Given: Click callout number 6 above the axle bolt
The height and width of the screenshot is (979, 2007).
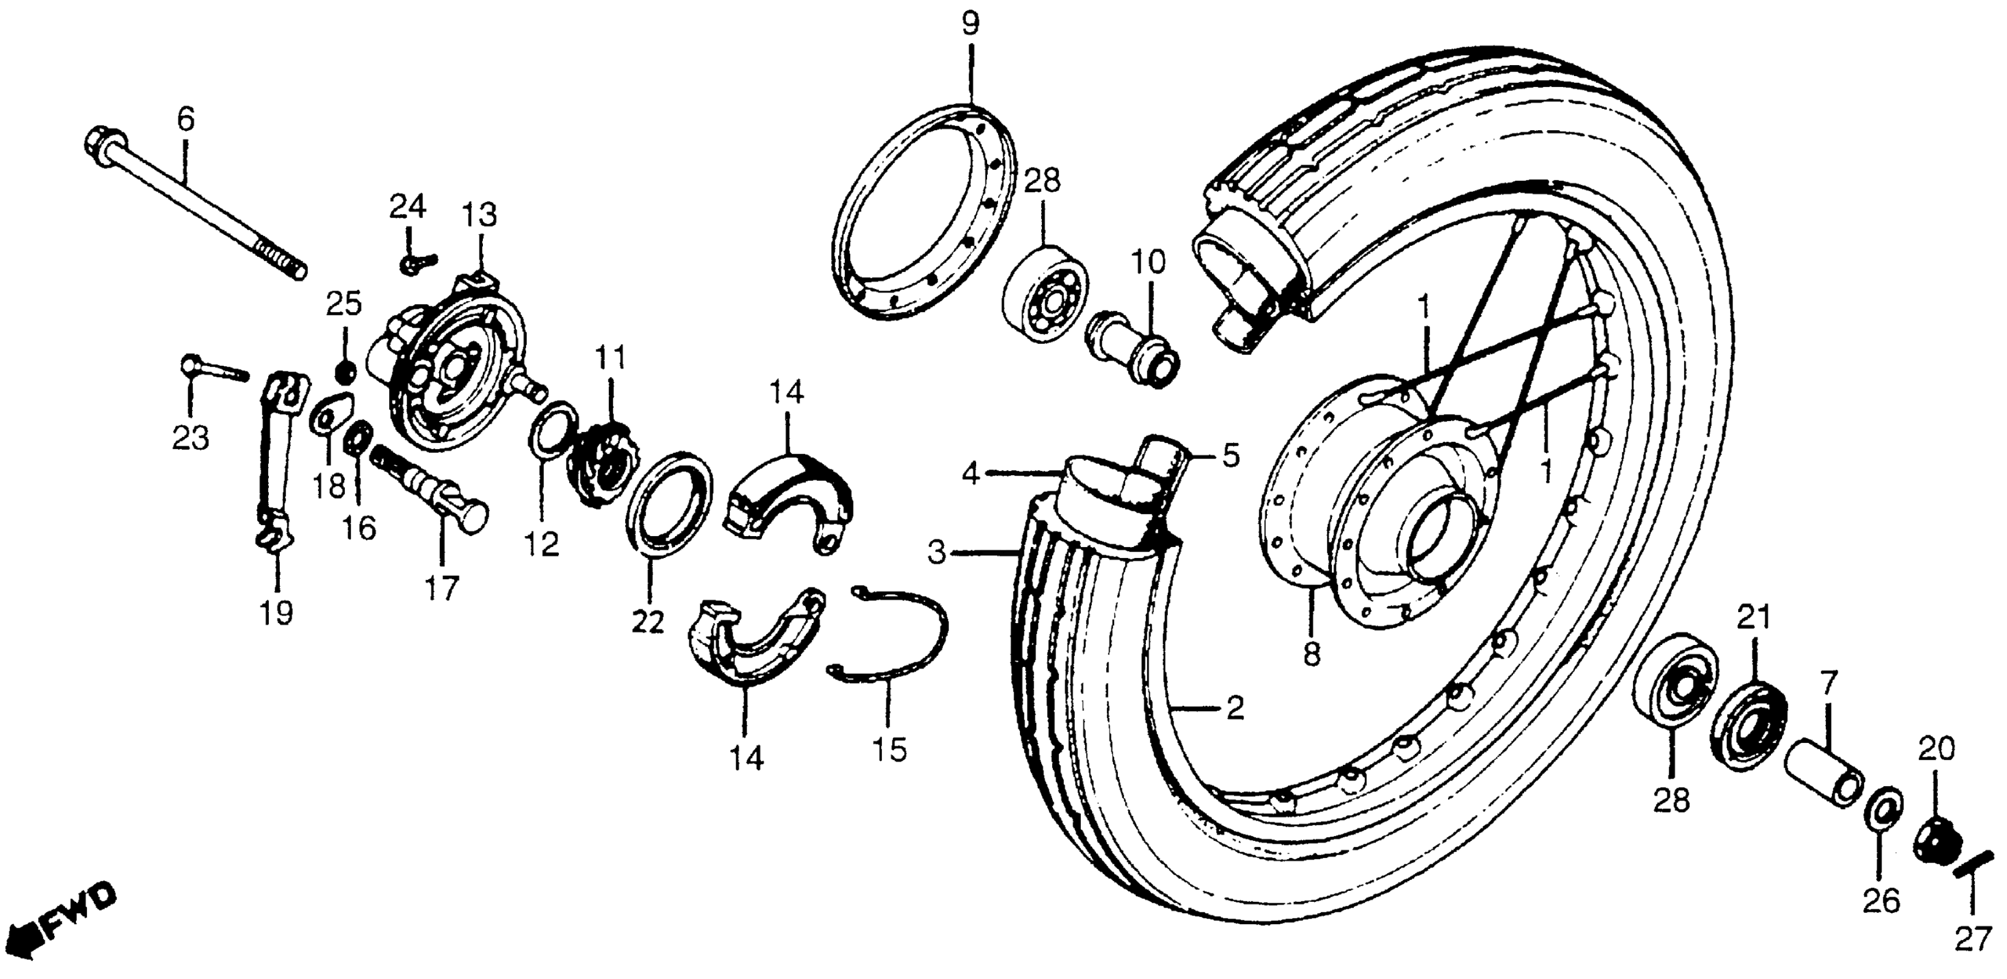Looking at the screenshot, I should coord(185,119).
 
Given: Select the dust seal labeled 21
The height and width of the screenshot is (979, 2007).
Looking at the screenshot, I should coord(1749,726).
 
